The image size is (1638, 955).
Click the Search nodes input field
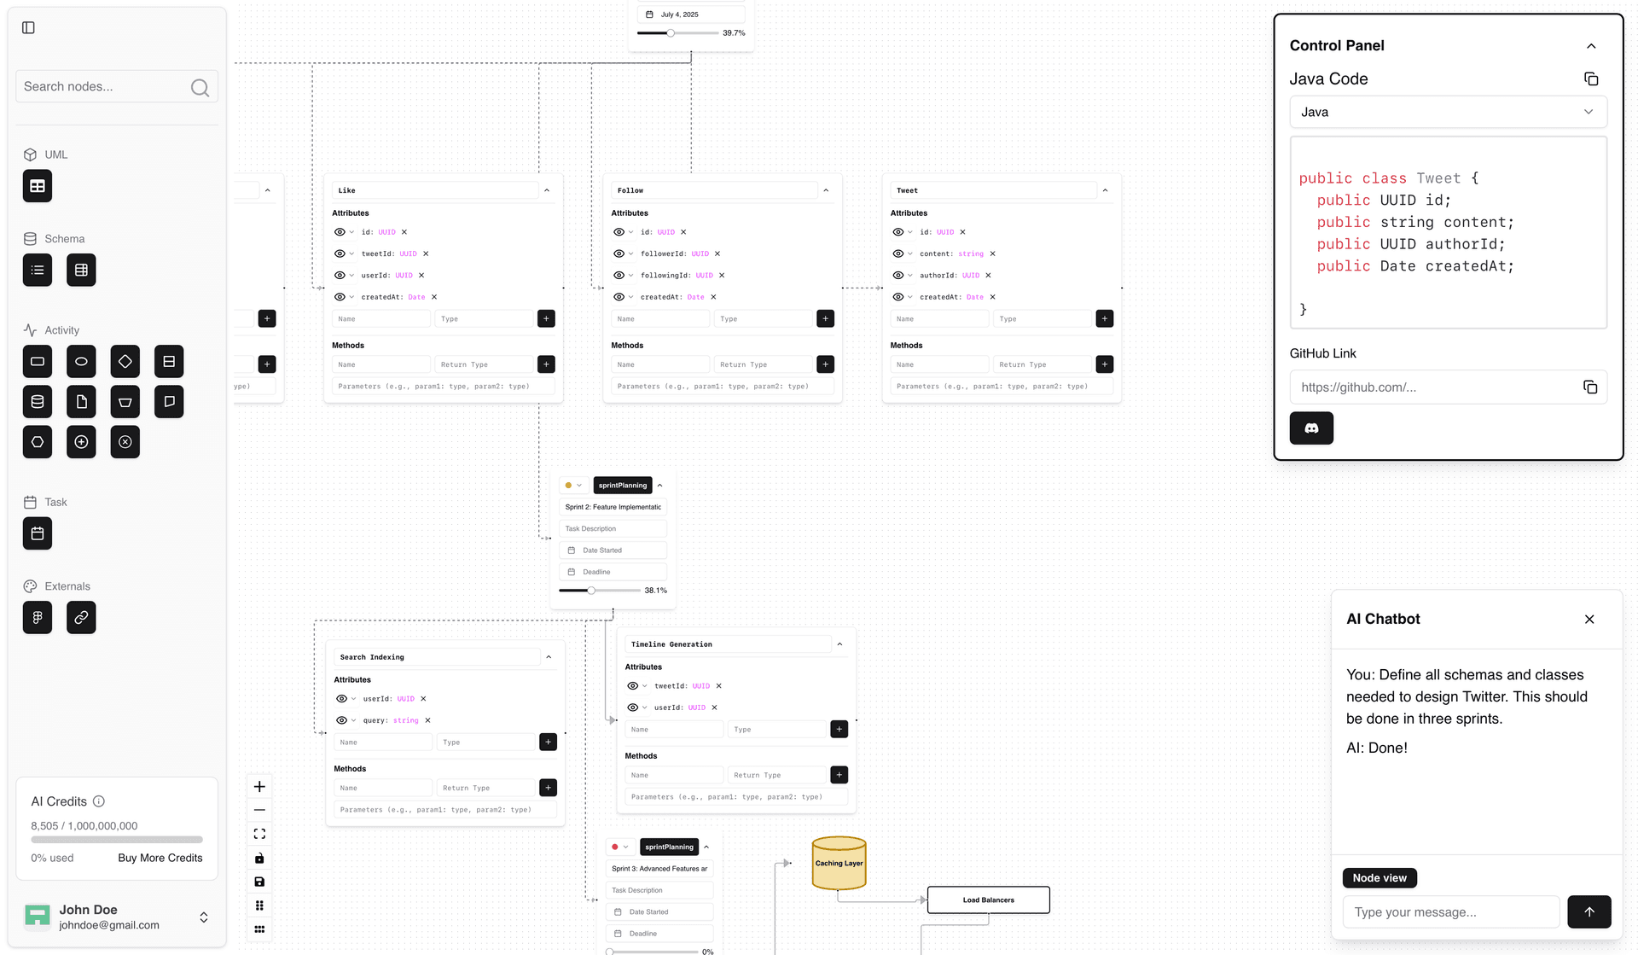tap(102, 87)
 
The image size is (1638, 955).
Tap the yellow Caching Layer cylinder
tap(839, 863)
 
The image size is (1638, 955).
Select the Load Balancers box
tap(988, 900)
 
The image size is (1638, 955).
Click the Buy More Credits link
tap(160, 858)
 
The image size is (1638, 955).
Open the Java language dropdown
tap(1448, 112)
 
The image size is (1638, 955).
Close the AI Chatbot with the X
tap(1589, 620)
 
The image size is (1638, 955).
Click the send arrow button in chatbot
tap(1589, 911)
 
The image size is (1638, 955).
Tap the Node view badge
tap(1380, 877)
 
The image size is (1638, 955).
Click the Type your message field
tap(1450, 911)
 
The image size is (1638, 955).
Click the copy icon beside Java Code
tap(1590, 79)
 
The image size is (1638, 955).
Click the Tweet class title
tap(908, 190)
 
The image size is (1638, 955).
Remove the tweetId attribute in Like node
tap(426, 253)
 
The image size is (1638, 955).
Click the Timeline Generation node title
tap(671, 644)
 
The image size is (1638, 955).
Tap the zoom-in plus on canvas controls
tap(259, 787)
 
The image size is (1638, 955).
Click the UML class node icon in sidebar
tap(38, 186)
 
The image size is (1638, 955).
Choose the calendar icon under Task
tap(38, 533)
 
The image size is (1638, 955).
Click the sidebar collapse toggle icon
tap(28, 28)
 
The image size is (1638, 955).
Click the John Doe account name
tap(89, 910)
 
